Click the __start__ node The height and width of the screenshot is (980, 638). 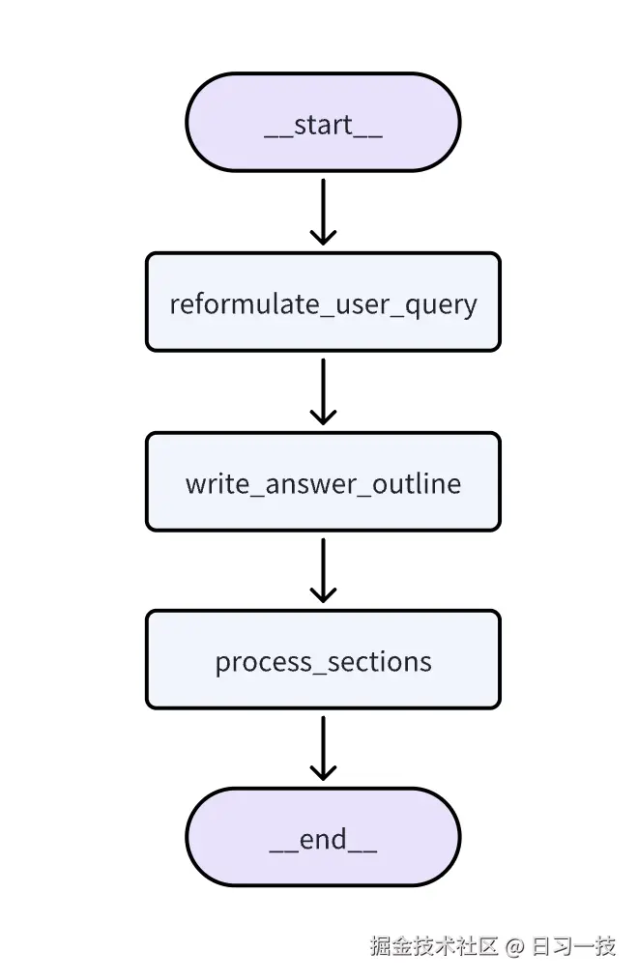click(x=323, y=123)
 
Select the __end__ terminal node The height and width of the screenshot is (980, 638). click(x=323, y=837)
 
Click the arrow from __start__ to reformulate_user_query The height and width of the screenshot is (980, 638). click(x=323, y=209)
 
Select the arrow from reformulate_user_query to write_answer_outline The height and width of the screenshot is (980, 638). click(x=323, y=389)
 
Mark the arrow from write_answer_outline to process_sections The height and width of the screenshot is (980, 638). click(x=323, y=567)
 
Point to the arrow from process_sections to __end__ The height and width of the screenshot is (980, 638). click(x=323, y=746)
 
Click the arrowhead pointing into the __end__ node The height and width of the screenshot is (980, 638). click(x=323, y=772)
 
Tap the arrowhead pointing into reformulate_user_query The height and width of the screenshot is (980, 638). click(x=323, y=236)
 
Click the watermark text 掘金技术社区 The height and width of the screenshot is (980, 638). click(x=434, y=946)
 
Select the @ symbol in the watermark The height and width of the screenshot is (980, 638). click(x=515, y=947)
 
